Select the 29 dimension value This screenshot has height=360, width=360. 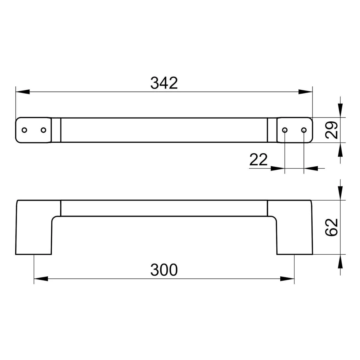click(331, 130)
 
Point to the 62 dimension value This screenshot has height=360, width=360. click(331, 227)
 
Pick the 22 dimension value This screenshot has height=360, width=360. click(258, 159)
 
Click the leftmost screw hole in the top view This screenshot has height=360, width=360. click(24, 130)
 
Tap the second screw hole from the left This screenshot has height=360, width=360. click(43, 130)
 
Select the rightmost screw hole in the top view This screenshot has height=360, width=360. click(304, 130)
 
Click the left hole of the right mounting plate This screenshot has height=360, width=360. click(284, 130)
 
